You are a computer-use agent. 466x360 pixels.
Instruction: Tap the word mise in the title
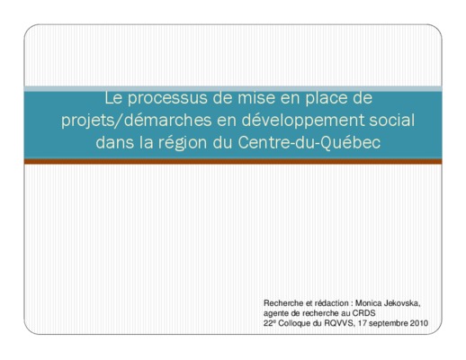[256, 98]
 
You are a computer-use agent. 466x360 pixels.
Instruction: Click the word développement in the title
[303, 121]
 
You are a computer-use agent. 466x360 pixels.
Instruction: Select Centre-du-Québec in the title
[309, 142]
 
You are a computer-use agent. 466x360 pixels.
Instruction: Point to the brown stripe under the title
[233, 161]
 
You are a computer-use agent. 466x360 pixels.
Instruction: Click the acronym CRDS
[363, 313]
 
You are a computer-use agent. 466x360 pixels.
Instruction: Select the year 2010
[419, 323]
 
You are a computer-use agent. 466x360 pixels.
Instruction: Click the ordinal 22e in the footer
[268, 323]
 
